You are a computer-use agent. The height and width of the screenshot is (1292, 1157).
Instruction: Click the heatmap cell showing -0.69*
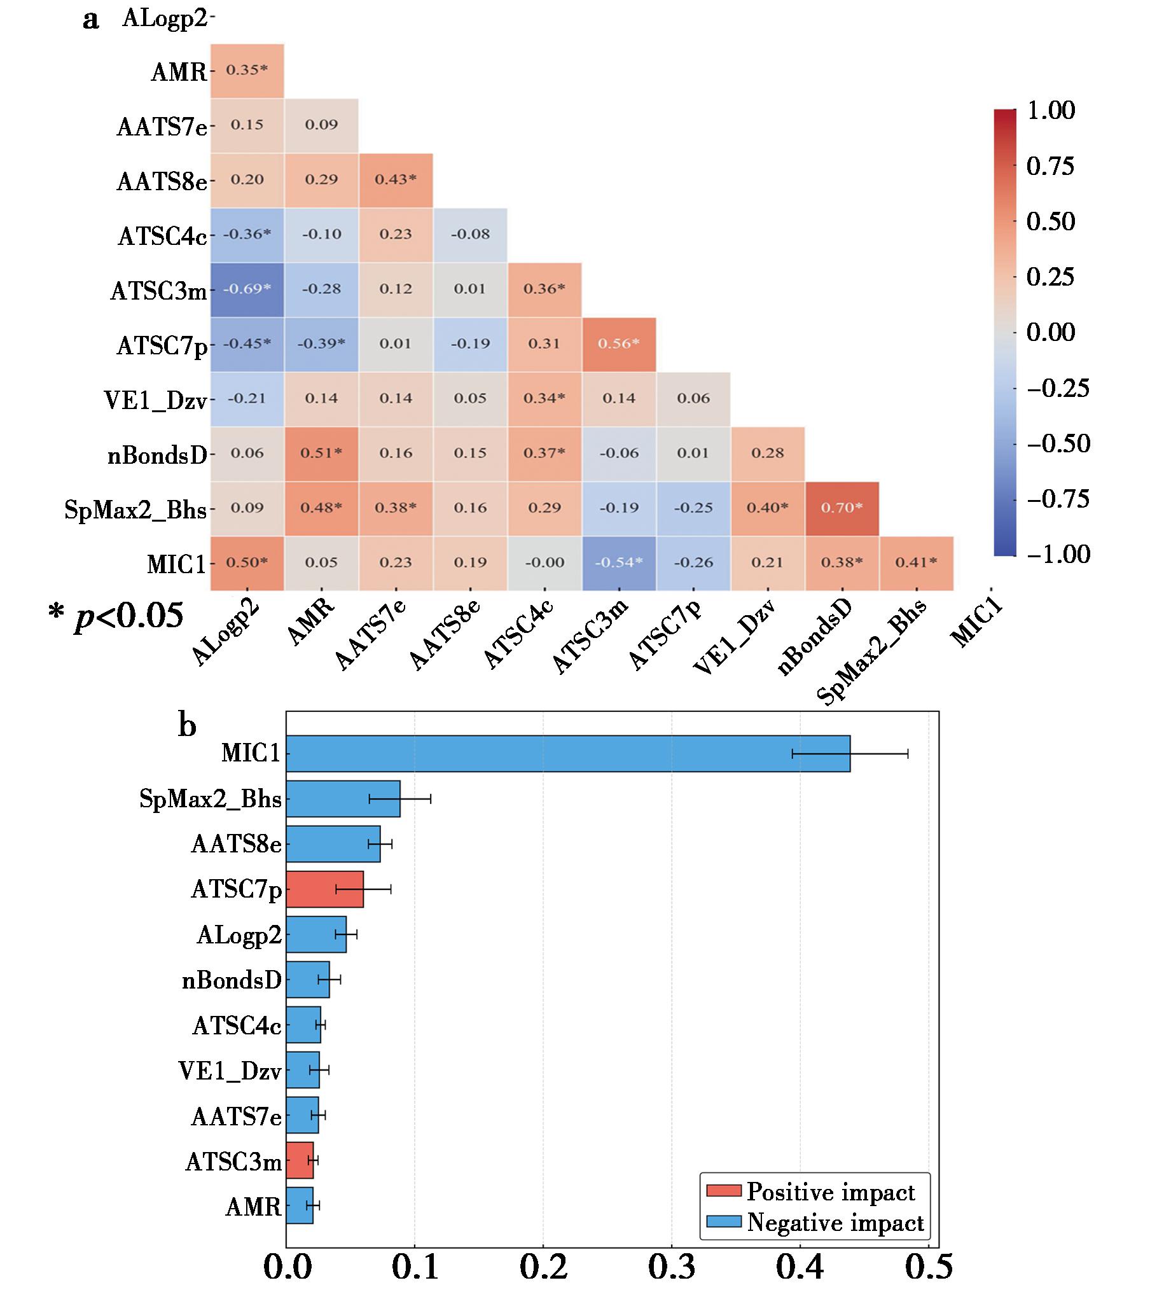click(x=247, y=289)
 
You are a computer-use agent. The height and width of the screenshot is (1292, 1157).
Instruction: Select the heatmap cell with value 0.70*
click(x=842, y=508)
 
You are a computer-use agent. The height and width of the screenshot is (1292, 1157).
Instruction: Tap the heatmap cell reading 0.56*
click(x=620, y=344)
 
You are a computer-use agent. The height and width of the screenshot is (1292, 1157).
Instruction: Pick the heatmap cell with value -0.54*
click(x=620, y=563)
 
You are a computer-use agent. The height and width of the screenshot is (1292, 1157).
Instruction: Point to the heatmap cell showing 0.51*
click(x=322, y=454)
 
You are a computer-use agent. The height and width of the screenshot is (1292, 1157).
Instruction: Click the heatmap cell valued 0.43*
click(x=396, y=180)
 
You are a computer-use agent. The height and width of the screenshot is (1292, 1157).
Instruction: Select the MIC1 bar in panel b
click(x=568, y=754)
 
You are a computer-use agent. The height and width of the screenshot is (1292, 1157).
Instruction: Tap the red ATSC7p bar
click(x=325, y=889)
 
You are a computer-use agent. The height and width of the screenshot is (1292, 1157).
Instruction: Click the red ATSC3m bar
click(x=300, y=1160)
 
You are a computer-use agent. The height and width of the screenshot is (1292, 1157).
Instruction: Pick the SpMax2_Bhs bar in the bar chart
click(x=343, y=799)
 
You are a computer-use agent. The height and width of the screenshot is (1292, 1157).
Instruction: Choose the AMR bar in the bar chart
click(x=300, y=1205)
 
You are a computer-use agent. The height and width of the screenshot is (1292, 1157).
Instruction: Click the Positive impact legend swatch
click(x=724, y=1191)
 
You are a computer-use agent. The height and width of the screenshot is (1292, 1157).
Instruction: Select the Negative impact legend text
click(x=835, y=1222)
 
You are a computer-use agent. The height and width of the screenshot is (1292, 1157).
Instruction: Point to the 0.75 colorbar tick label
click(x=1051, y=166)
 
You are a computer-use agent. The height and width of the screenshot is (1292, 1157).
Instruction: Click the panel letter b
click(x=187, y=725)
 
